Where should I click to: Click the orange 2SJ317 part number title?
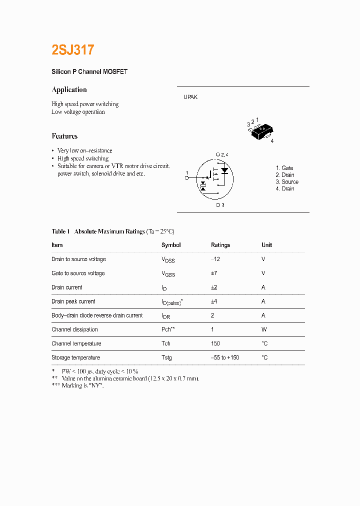tap(72, 50)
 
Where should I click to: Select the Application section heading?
tap(69, 89)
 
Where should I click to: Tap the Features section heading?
tap(64, 136)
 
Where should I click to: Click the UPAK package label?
tap(190, 97)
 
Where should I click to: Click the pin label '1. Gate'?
tap(284, 168)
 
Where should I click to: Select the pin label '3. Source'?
tap(287, 182)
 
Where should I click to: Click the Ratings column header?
tap(220, 245)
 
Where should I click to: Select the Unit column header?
tap(266, 245)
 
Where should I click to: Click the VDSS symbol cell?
tap(168, 259)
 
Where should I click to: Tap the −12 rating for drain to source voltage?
tap(215, 259)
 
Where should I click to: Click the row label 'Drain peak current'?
tap(73, 301)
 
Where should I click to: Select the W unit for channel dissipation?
tap(264, 329)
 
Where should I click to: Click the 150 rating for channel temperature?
tap(215, 343)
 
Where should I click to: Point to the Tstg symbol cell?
tap(166, 358)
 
